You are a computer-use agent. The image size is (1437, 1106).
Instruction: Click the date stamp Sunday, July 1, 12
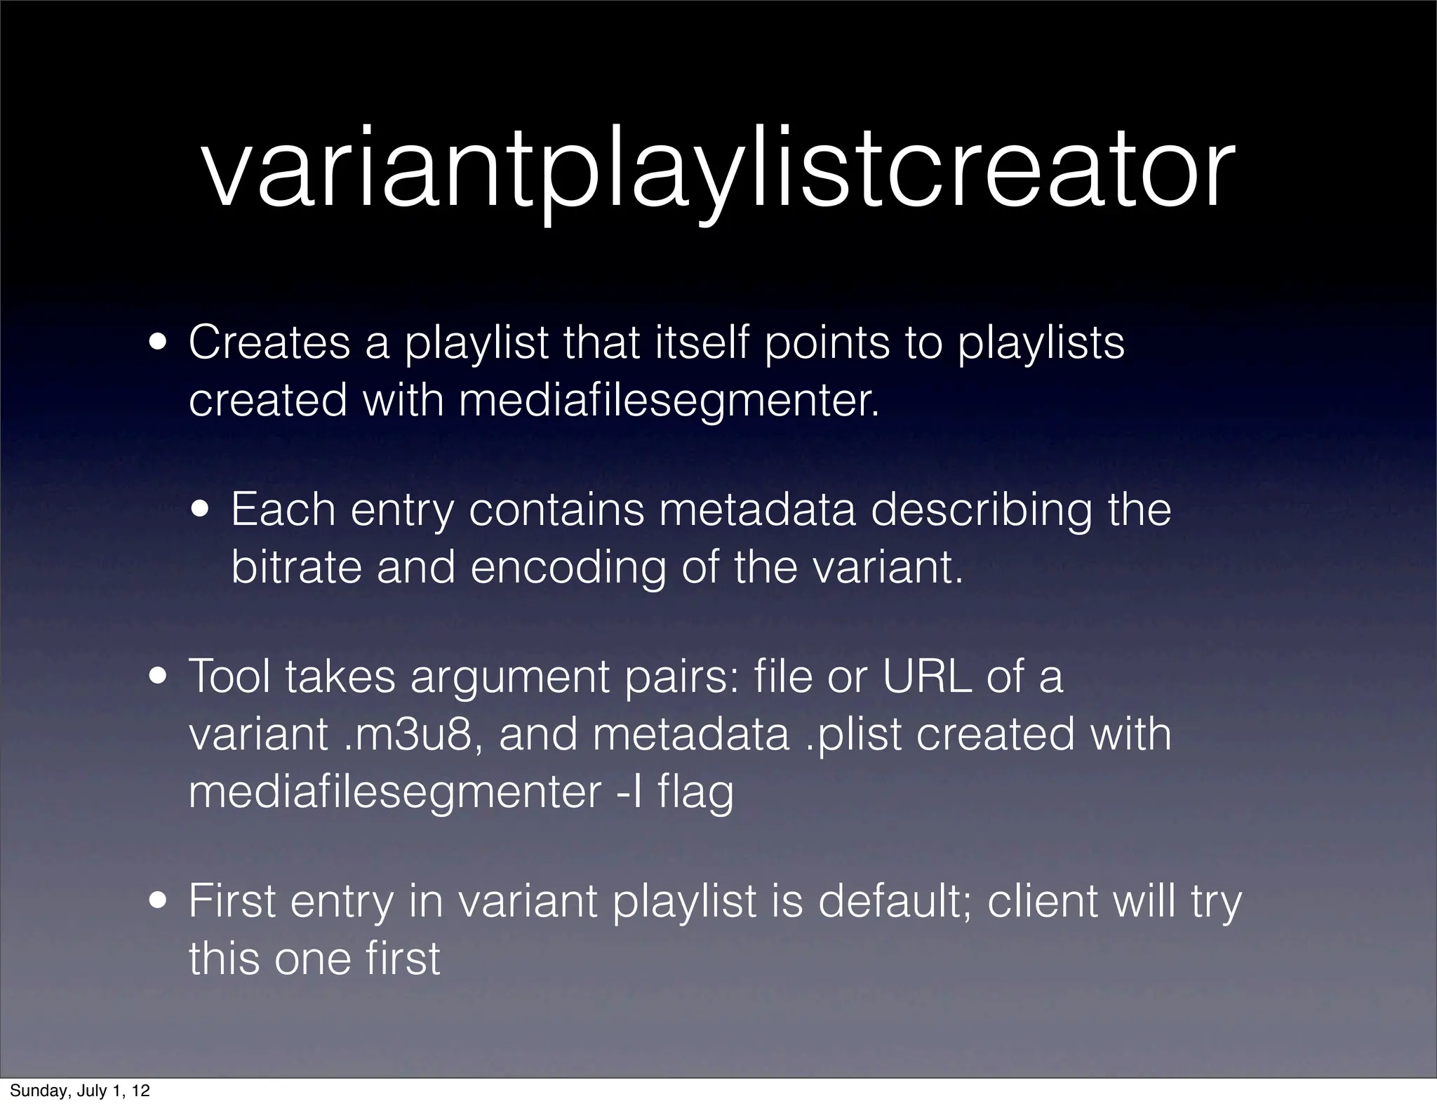(79, 1091)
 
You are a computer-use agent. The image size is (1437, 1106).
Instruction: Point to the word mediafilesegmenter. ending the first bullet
(669, 401)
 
